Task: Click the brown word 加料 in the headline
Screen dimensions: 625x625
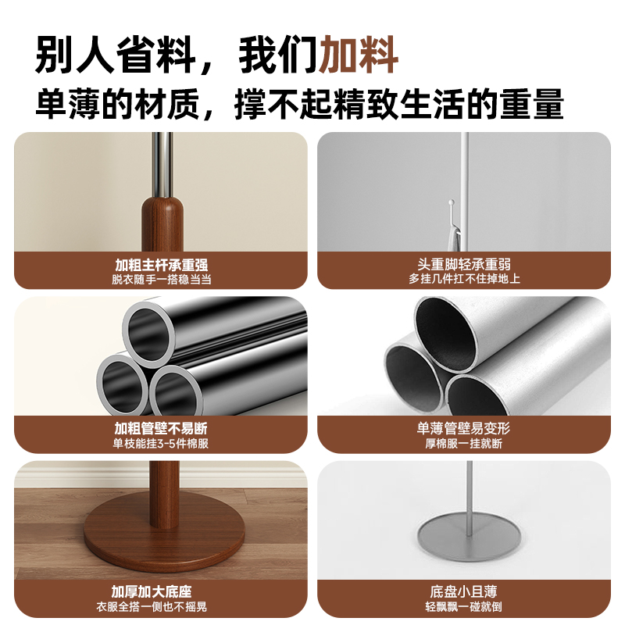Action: point(360,55)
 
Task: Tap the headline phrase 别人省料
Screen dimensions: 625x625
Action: point(117,55)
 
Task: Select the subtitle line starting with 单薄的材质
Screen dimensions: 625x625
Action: point(299,104)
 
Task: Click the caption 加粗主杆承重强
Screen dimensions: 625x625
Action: point(161,265)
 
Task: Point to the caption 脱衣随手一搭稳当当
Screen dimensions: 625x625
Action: point(161,280)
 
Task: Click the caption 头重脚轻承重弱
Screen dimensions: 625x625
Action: point(464,265)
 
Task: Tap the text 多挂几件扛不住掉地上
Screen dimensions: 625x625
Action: point(464,280)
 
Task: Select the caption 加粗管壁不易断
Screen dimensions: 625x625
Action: point(161,429)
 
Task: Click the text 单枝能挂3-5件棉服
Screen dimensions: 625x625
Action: point(161,444)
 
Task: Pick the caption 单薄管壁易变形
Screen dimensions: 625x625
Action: point(464,429)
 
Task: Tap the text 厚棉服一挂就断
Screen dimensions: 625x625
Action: point(464,444)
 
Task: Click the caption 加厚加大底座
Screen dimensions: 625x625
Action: point(161,591)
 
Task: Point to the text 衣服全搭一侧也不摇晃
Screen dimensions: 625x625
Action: point(161,606)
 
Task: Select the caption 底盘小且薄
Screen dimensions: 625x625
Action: point(464,591)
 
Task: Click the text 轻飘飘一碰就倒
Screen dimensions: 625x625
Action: point(464,606)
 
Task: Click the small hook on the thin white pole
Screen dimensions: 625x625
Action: point(452,208)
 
